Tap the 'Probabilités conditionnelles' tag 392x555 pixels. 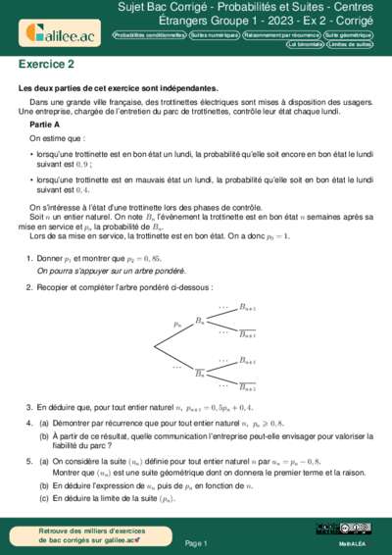pyautogui.click(x=149, y=34)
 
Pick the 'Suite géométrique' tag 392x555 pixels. pyautogui.click(x=351, y=34)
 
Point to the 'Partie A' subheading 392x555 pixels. pyautogui.click(x=45, y=126)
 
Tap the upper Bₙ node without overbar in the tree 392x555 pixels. pyautogui.click(x=200, y=321)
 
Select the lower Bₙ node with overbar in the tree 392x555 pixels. pyautogui.click(x=200, y=374)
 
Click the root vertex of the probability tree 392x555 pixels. pyautogui.click(x=153, y=347)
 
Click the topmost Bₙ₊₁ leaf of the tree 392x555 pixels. pyautogui.click(x=248, y=306)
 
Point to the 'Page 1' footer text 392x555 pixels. pyautogui.click(x=196, y=542)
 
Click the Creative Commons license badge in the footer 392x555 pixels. pyautogui.click(x=327, y=530)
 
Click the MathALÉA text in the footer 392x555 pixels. pyautogui.click(x=352, y=542)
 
